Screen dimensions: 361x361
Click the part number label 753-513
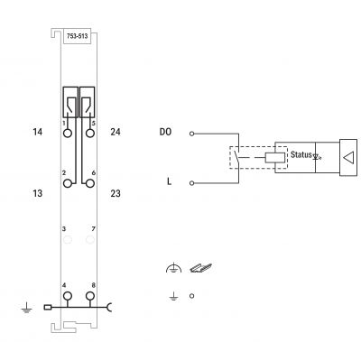(x=77, y=36)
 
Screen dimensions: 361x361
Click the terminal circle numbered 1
(x=68, y=133)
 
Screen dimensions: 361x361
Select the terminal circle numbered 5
(x=90, y=133)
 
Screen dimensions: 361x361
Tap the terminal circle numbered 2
(x=68, y=183)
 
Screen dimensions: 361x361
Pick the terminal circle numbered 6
(x=90, y=183)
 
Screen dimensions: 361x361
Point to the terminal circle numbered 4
(x=68, y=296)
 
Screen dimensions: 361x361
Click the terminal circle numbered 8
(x=90, y=296)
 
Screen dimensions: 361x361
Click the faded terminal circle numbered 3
(x=68, y=239)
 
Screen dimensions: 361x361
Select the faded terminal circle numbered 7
(x=90, y=239)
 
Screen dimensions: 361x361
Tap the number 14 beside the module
(x=38, y=132)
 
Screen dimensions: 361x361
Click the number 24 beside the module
(x=116, y=132)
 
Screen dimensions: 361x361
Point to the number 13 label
(x=38, y=193)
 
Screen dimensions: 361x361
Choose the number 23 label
(x=116, y=193)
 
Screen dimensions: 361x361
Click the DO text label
(x=165, y=132)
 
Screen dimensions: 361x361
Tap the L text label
(x=169, y=181)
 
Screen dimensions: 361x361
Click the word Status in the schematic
(x=301, y=154)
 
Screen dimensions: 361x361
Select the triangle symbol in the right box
(x=348, y=158)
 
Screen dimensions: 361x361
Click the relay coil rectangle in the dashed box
(x=274, y=157)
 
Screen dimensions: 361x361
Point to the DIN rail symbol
(x=200, y=268)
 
